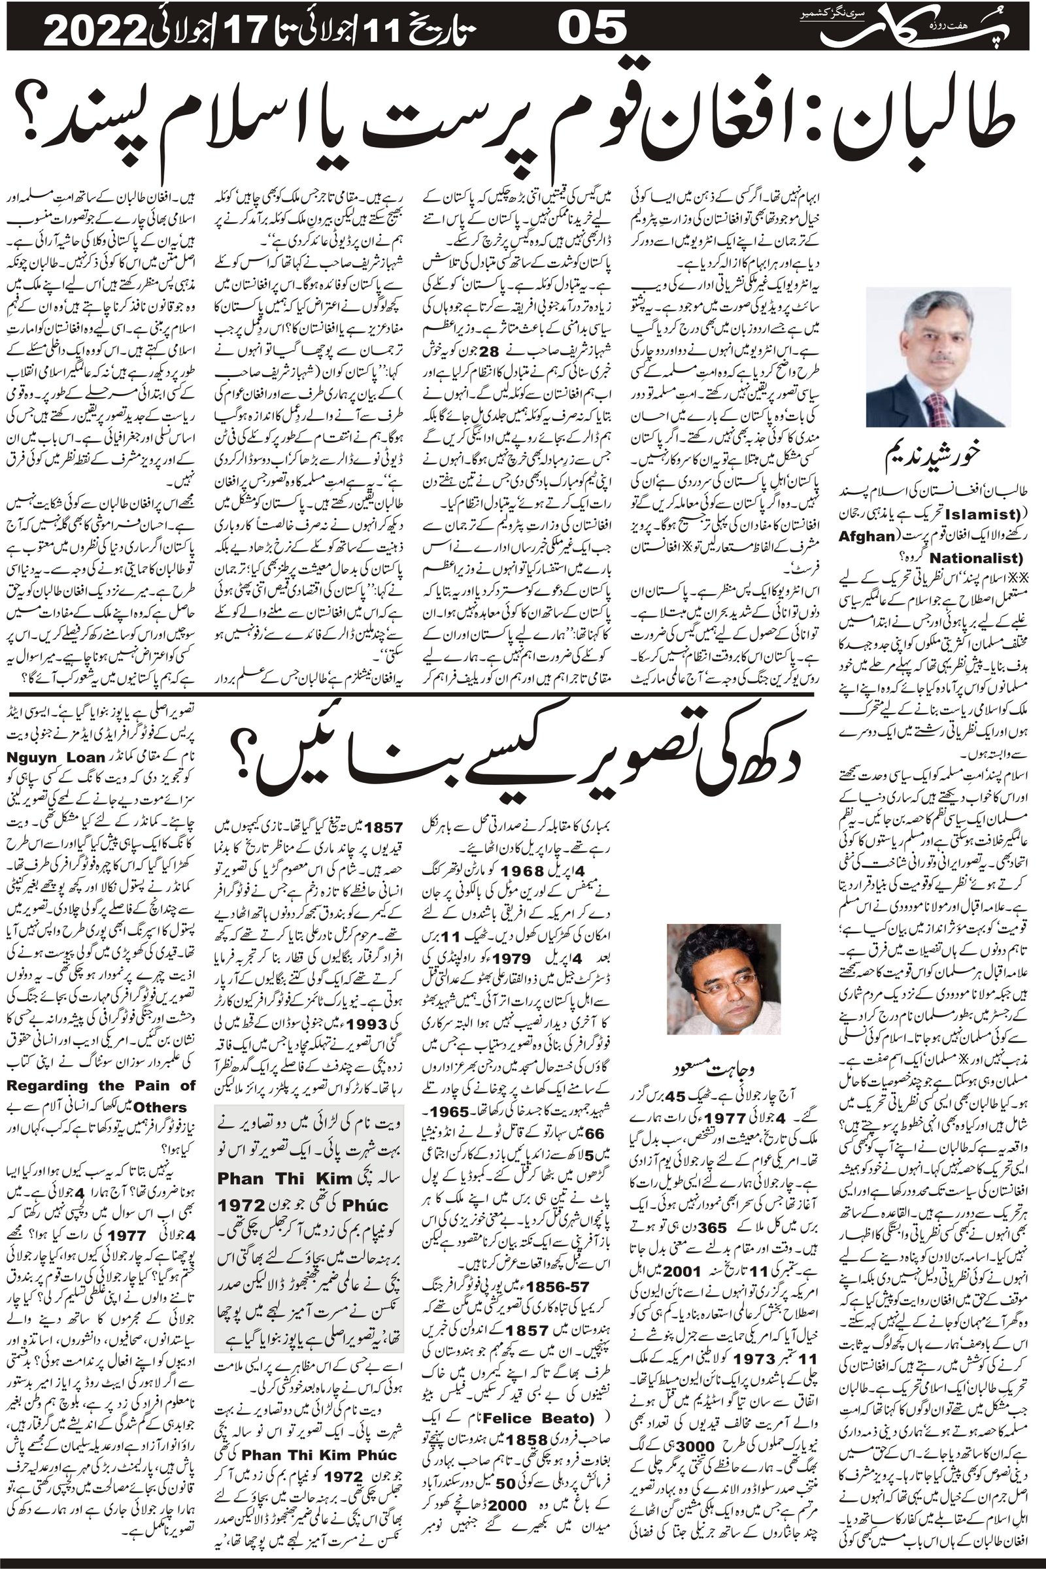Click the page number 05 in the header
(x=592, y=29)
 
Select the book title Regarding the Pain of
(x=100, y=1085)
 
